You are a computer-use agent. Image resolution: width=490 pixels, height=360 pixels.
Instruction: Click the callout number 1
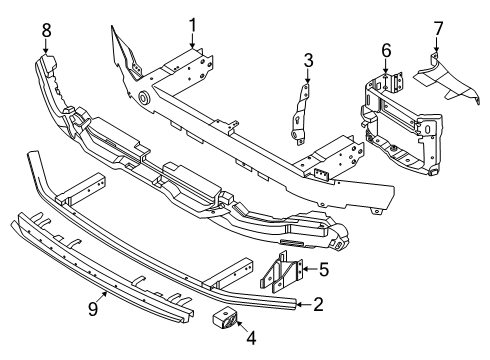pos(192,22)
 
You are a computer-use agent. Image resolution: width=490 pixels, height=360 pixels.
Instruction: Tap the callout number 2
pos(318,304)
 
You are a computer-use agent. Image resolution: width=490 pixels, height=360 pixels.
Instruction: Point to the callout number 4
pos(251,339)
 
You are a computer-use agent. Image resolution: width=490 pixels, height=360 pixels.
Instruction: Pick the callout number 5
pos(323,268)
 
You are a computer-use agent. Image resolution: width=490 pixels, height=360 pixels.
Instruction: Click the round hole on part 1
pos(145,98)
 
